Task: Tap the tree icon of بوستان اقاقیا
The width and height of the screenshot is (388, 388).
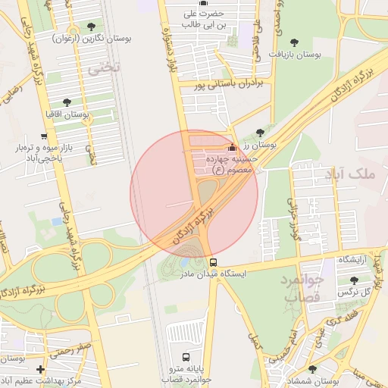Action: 67,102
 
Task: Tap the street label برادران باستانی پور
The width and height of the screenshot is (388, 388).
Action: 229,86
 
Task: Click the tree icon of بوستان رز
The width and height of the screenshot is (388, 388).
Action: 261,133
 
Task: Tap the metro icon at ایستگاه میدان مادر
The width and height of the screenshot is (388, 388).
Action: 214,262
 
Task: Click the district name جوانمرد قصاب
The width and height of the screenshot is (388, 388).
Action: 303,288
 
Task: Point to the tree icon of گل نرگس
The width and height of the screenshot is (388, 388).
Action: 353,281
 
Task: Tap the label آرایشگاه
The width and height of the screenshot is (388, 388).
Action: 352,260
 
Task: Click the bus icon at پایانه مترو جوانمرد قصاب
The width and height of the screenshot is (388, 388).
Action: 186,357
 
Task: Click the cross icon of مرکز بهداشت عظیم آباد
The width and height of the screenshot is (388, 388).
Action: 40,369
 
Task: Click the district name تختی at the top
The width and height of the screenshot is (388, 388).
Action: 100,68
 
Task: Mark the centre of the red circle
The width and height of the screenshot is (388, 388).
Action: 194,194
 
